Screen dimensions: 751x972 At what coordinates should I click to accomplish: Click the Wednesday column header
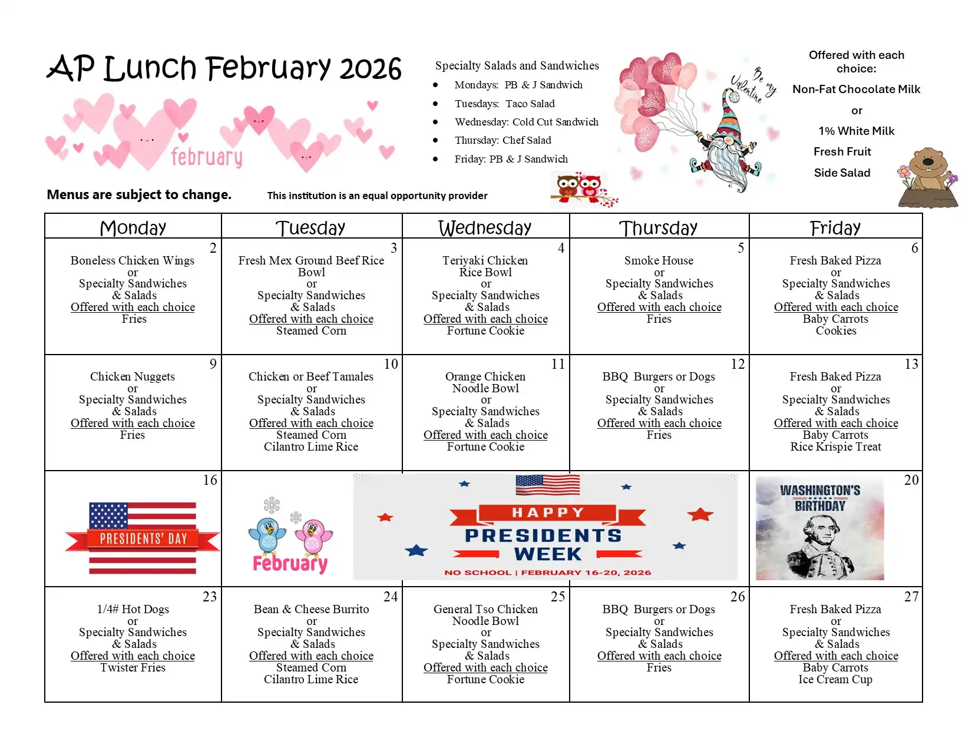click(485, 227)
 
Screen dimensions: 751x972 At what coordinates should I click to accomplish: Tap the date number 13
click(911, 364)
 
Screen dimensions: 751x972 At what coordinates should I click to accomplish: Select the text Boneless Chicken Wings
click(133, 260)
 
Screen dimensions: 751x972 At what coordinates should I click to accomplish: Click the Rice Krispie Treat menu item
click(835, 446)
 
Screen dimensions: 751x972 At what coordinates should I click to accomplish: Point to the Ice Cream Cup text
click(835, 679)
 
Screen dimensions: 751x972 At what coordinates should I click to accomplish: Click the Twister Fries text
click(133, 667)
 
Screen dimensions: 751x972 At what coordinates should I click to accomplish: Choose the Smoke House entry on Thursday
click(659, 260)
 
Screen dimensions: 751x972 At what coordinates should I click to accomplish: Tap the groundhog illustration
click(928, 177)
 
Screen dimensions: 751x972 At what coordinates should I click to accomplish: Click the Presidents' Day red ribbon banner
click(143, 538)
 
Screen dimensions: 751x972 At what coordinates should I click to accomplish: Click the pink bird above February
click(313, 536)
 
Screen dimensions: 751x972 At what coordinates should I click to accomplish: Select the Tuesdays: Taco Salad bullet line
click(504, 104)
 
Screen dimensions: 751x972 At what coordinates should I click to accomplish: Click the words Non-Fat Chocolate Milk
click(856, 89)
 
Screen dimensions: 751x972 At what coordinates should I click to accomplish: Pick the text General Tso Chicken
click(485, 609)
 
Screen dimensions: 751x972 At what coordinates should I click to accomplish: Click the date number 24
click(390, 597)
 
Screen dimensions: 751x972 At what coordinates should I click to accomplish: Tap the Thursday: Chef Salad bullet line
click(502, 140)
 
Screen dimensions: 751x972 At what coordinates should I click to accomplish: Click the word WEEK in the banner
click(547, 554)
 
